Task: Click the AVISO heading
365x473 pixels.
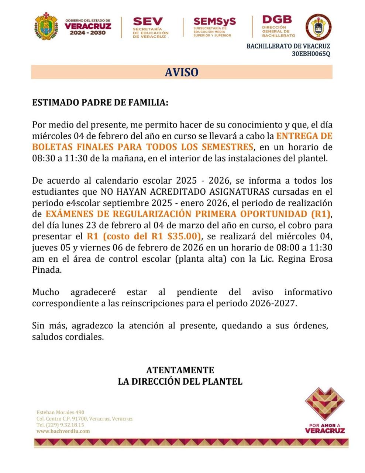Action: (x=182, y=72)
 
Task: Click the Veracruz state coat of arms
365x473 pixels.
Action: (x=46, y=27)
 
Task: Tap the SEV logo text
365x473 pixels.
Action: (x=148, y=22)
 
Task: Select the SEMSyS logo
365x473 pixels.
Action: (x=214, y=22)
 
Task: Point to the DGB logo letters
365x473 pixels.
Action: (x=277, y=20)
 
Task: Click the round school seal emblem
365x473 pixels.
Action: (x=319, y=27)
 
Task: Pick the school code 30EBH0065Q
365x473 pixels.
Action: (x=311, y=54)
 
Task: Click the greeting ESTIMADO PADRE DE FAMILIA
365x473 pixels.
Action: (x=100, y=102)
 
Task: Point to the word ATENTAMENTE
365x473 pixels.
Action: (x=180, y=370)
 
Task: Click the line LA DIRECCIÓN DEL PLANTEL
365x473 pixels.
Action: (x=180, y=381)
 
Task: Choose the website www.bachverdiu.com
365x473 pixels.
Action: (x=63, y=431)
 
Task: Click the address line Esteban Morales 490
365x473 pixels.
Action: (x=60, y=412)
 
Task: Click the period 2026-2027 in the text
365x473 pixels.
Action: (x=273, y=304)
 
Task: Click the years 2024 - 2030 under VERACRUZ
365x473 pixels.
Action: (x=88, y=33)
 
